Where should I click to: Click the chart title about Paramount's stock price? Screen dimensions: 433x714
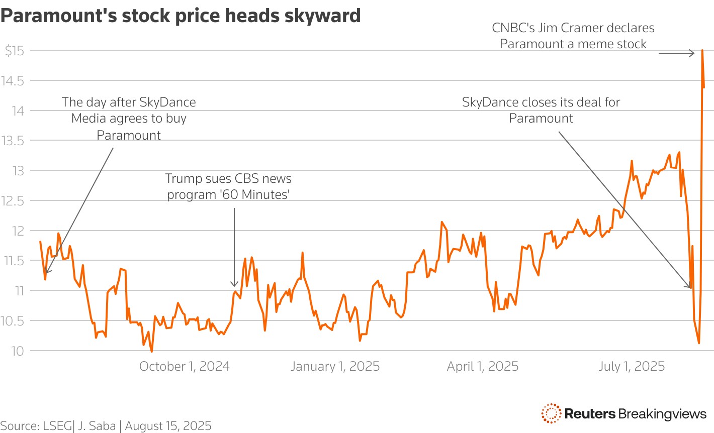click(x=181, y=16)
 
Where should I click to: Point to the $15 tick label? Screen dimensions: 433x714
click(x=14, y=51)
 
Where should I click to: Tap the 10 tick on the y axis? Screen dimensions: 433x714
click(x=18, y=351)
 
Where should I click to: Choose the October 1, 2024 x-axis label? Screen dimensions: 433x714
click(x=184, y=367)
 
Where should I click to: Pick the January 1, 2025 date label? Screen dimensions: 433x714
click(x=335, y=367)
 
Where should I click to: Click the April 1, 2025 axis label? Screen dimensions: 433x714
click(x=482, y=367)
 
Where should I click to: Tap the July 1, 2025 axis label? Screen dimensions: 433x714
click(x=631, y=367)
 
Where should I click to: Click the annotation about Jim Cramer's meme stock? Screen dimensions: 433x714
click(x=573, y=36)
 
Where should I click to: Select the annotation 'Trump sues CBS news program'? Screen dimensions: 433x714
click(x=228, y=186)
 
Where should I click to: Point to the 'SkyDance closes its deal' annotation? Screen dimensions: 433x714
click(x=541, y=110)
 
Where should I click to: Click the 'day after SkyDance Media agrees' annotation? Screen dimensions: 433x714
click(x=129, y=119)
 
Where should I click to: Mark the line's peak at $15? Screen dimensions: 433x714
click(x=702, y=51)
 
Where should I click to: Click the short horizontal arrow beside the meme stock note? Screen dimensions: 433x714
click(x=676, y=53)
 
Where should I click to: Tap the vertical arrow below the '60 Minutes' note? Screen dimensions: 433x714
click(x=234, y=246)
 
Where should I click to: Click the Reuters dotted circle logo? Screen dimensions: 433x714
click(x=551, y=413)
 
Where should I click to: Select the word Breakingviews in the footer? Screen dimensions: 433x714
click(x=662, y=414)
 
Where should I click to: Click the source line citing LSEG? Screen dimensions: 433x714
click(x=106, y=426)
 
